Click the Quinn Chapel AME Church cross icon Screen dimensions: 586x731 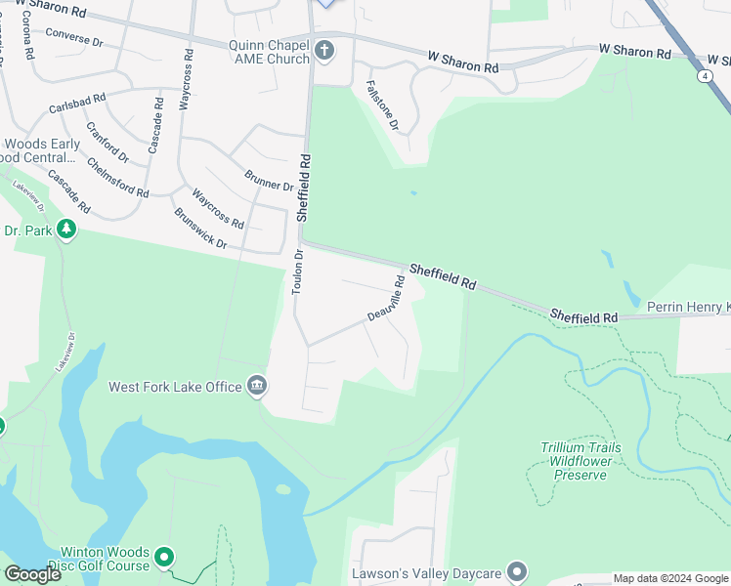324,48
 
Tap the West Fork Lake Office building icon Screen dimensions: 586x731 257,386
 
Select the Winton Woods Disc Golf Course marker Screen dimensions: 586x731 164,558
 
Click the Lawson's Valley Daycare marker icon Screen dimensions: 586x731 517,572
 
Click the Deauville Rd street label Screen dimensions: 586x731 386,299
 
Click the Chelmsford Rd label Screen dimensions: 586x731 117,177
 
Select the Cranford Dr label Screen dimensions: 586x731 107,143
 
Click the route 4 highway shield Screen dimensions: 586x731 705,74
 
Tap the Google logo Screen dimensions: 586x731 32,574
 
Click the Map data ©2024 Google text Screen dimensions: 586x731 669,578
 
